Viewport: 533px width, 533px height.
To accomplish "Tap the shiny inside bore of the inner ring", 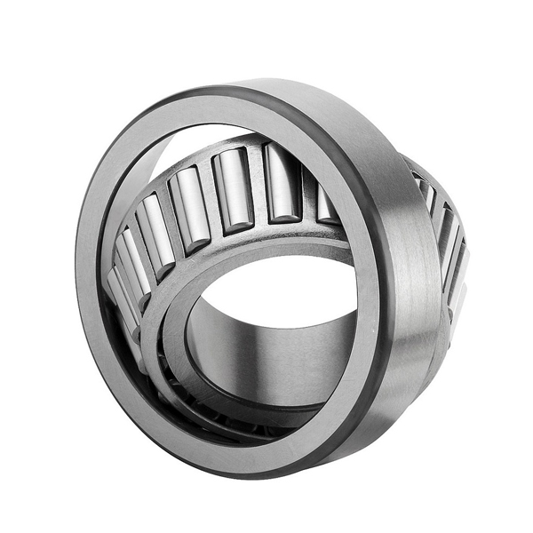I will tap(266, 355).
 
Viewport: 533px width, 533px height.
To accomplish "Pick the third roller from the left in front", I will tap(157, 227).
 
